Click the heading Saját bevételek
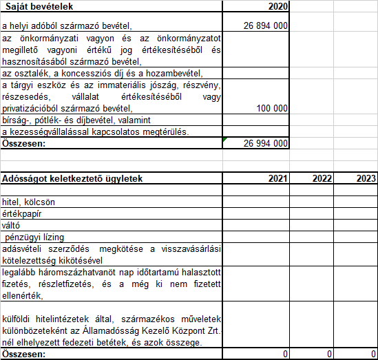(x=39, y=6)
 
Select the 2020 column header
(x=277, y=6)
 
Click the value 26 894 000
(x=265, y=26)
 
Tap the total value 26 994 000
(x=265, y=143)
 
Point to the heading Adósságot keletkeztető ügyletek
(x=72, y=178)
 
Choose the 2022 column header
(x=322, y=178)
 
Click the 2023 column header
(x=366, y=178)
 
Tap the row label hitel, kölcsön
(x=29, y=202)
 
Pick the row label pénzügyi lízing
(x=33, y=237)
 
